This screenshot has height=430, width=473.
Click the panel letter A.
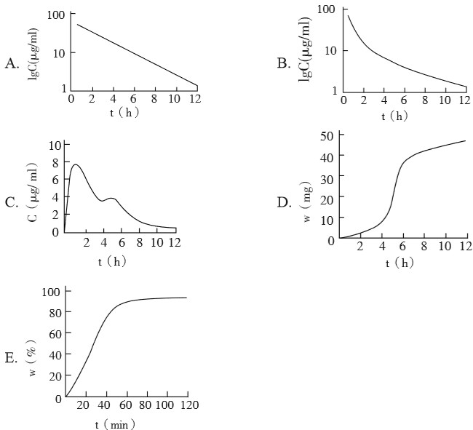(11, 64)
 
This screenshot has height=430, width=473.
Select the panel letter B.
(284, 64)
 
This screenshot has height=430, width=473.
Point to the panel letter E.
(10, 359)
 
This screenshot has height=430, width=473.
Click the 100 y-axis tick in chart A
(55, 15)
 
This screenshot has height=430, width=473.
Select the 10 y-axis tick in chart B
(329, 50)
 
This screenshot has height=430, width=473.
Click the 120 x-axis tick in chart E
(188, 405)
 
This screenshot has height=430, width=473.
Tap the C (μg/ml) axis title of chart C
(33, 191)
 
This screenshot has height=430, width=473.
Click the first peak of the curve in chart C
(76, 164)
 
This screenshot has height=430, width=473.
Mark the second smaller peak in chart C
(111, 198)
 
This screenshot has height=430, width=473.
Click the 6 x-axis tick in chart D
(402, 247)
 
